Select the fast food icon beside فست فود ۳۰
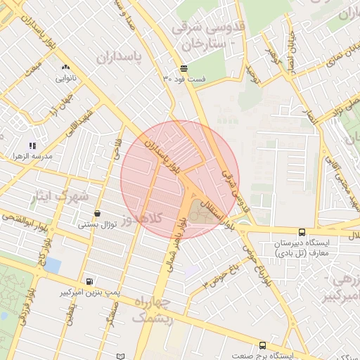(x=184, y=68)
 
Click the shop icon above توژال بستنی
(x=96, y=213)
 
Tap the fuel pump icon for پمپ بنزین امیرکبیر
(x=88, y=280)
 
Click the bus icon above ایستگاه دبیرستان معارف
(x=302, y=232)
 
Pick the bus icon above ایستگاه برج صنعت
(x=262, y=345)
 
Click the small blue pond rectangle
(x=52, y=266)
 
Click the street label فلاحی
(x=115, y=149)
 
